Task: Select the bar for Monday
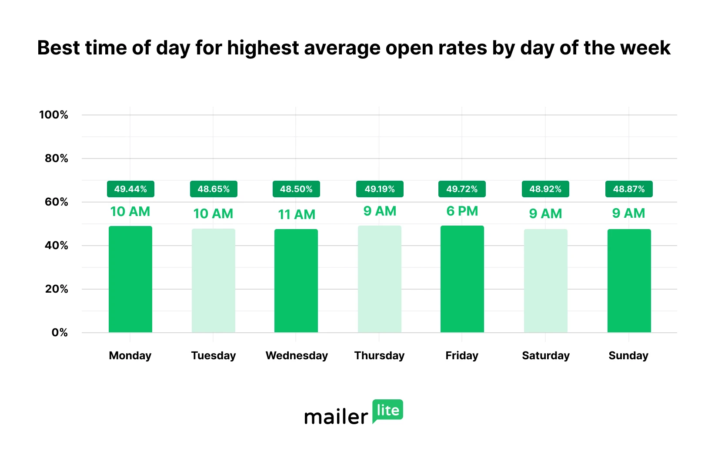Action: (130, 279)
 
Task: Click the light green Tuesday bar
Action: (214, 280)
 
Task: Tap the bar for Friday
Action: (462, 279)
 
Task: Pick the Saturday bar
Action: (546, 281)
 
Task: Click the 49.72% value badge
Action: (462, 189)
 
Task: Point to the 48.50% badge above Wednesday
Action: (296, 189)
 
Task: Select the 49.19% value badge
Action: (380, 189)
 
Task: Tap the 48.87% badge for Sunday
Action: (629, 189)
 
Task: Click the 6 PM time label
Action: (462, 211)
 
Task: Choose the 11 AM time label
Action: (297, 214)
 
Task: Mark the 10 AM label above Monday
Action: (130, 212)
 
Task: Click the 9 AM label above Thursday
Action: (380, 211)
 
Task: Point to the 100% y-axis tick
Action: (54, 115)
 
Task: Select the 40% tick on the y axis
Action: (57, 246)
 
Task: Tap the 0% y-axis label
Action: (60, 333)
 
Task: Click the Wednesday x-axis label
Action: (297, 356)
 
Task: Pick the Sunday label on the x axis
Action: (628, 356)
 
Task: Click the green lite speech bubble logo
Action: (387, 411)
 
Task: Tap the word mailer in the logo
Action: (336, 417)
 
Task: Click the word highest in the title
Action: (263, 48)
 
